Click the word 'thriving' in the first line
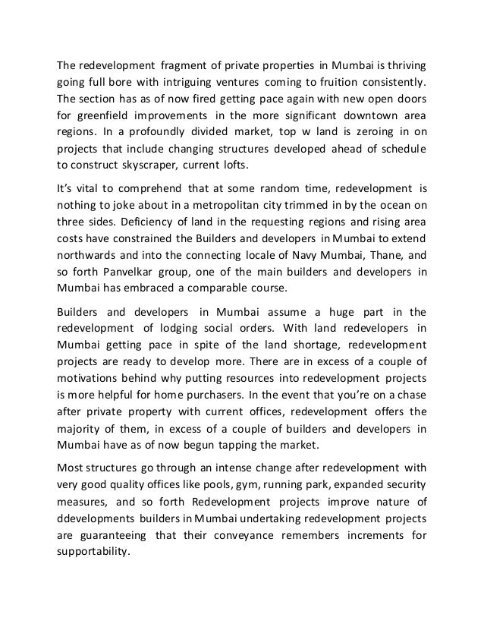coord(404,63)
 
